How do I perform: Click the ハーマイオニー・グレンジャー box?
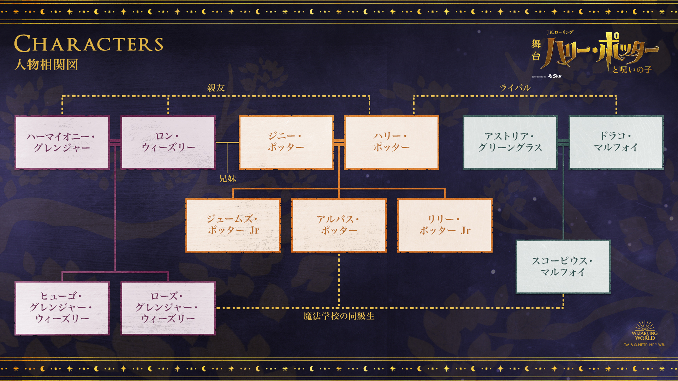coord(62,142)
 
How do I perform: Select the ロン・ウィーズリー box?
coord(168,142)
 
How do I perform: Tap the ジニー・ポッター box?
coord(286,142)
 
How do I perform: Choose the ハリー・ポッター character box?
coord(392,142)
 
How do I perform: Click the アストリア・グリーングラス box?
coord(510,142)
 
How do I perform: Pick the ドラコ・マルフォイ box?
coord(616,142)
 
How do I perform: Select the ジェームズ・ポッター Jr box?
coord(233,225)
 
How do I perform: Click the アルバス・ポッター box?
coord(339,225)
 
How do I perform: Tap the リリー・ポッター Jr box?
coord(445,225)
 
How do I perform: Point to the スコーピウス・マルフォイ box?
coord(563,267)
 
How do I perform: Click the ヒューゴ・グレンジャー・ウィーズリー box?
coord(62,308)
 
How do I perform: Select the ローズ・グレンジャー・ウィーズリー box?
coord(168,308)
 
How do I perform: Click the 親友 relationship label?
coord(216,88)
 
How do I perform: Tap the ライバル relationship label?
coord(515,88)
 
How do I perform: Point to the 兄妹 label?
coord(227,179)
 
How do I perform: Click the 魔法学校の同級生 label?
coord(339,316)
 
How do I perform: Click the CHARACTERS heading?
coord(89,44)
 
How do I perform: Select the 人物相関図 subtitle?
coord(46,65)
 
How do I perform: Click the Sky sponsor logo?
coord(555,76)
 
